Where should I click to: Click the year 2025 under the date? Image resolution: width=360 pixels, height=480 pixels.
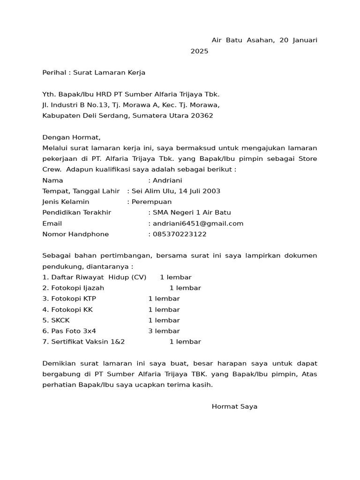(199, 51)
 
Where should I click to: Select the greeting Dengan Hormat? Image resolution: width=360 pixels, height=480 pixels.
(71, 137)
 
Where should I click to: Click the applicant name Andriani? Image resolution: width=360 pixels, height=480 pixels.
(167, 180)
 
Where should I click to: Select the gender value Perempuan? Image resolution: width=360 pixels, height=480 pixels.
(151, 202)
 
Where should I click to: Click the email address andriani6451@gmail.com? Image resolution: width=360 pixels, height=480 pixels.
(198, 224)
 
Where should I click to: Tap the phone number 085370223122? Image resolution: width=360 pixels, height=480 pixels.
(180, 234)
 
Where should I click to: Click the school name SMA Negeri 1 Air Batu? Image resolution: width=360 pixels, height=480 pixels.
(192, 213)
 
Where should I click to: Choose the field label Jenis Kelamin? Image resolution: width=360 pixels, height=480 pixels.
(66, 202)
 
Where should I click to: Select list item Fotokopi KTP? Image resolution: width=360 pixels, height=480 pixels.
(73, 299)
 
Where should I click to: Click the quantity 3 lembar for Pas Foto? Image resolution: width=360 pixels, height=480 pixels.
(164, 331)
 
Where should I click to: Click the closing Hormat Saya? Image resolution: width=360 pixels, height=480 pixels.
(234, 407)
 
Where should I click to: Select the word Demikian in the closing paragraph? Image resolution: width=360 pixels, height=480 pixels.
(58, 364)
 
